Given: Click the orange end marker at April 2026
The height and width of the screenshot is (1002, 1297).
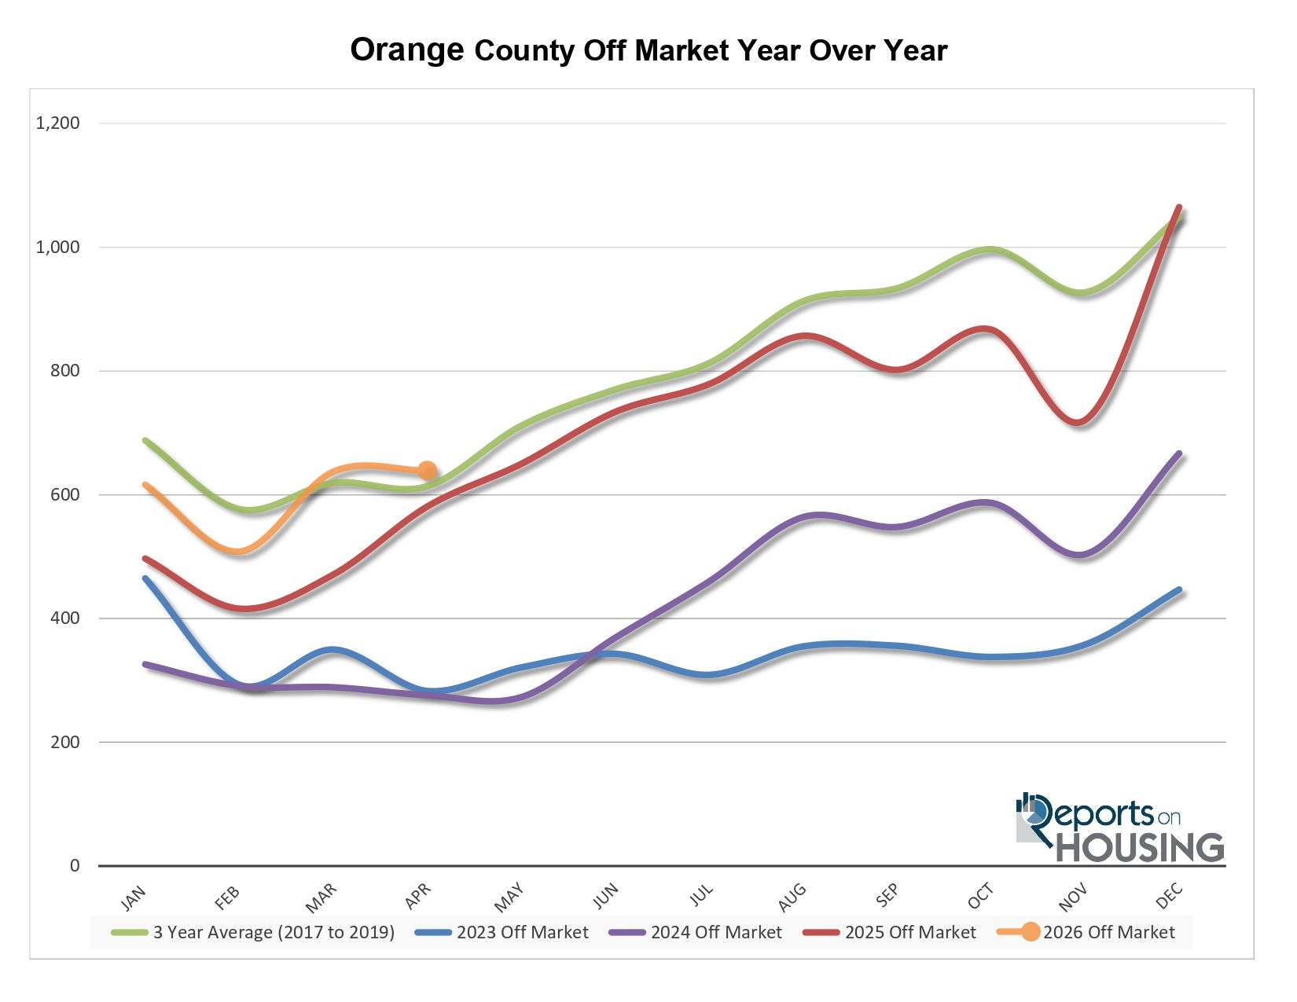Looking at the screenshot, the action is coord(428,471).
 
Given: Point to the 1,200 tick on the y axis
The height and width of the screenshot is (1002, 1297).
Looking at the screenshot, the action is coord(58,123).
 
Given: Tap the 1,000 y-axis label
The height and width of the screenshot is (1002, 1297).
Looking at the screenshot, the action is coord(58,247).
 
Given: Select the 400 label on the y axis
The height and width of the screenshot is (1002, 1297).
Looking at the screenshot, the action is coord(65,618).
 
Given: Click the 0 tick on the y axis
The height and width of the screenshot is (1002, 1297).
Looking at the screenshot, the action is coord(75,866).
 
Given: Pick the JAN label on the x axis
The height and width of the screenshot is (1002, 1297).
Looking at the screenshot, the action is coord(133,898).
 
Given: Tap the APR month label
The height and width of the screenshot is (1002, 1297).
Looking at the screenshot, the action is coord(418,897).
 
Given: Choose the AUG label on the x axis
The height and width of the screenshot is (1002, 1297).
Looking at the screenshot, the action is coord(792,897).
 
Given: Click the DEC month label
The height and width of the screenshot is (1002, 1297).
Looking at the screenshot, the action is coord(1169,897).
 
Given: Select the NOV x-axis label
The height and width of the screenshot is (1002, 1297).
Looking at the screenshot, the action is coord(1073,898).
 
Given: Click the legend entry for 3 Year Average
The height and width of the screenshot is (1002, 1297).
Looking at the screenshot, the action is coord(253,932).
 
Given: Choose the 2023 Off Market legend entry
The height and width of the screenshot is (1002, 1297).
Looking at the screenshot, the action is coord(502,932).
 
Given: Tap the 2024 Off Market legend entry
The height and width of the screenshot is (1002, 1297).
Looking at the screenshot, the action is coord(696,932).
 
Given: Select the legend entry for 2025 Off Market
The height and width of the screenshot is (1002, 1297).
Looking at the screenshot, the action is coord(889,932).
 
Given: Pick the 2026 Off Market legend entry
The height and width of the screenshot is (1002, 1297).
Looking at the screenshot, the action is coord(1086,932).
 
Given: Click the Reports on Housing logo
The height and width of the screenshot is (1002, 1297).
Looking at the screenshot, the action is coord(1119,828).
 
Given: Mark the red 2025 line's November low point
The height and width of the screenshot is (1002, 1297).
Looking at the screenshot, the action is coord(1077,423).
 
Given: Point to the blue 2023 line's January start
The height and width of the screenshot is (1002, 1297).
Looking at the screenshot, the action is coord(145,578).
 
